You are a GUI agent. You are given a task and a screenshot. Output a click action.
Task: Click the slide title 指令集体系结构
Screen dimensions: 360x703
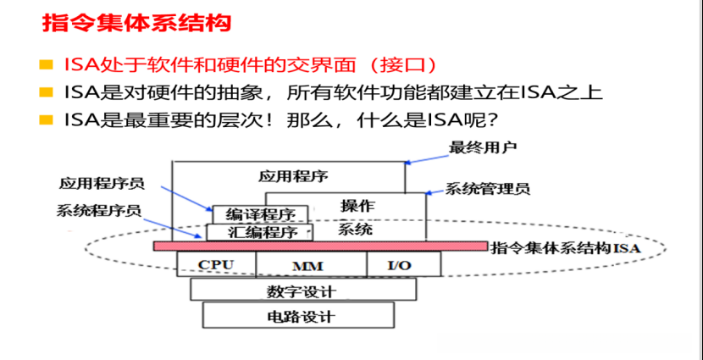pyautogui.click(x=136, y=23)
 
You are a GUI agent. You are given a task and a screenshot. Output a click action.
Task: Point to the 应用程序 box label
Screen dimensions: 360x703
pyautogui.click(x=293, y=175)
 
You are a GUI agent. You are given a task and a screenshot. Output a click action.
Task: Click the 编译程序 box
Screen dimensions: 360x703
pyautogui.click(x=260, y=213)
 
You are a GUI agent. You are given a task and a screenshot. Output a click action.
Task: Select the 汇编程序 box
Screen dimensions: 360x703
pyautogui.click(x=259, y=232)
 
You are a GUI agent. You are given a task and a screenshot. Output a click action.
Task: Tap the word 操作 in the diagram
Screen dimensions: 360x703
pyautogui.click(x=357, y=205)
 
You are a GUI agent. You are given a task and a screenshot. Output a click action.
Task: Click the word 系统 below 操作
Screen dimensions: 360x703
pyautogui.click(x=355, y=230)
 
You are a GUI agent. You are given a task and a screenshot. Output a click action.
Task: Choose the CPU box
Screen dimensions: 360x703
pyautogui.click(x=215, y=264)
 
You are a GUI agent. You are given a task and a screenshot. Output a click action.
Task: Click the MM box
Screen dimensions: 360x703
pyautogui.click(x=309, y=265)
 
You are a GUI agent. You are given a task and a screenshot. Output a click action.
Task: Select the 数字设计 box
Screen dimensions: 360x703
pyautogui.click(x=302, y=291)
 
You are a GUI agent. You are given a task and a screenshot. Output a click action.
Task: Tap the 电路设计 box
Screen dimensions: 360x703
pyautogui.click(x=299, y=317)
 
